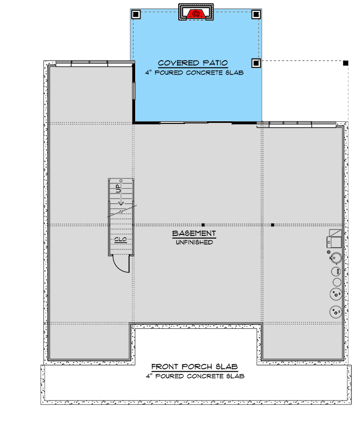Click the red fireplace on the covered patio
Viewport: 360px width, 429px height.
click(x=196, y=13)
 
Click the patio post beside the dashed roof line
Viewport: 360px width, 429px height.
click(x=256, y=63)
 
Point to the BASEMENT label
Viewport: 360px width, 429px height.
click(x=194, y=234)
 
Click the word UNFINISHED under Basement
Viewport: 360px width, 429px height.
click(x=194, y=242)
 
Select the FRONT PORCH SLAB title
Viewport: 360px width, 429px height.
click(x=194, y=367)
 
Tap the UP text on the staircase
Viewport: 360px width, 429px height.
click(x=118, y=189)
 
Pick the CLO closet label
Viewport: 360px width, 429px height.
click(x=120, y=239)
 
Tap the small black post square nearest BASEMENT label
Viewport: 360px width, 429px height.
click(x=203, y=224)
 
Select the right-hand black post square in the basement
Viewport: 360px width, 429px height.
click(x=273, y=224)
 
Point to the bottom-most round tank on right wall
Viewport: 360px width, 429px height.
click(x=336, y=311)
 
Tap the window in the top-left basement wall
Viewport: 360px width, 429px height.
click(x=90, y=63)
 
